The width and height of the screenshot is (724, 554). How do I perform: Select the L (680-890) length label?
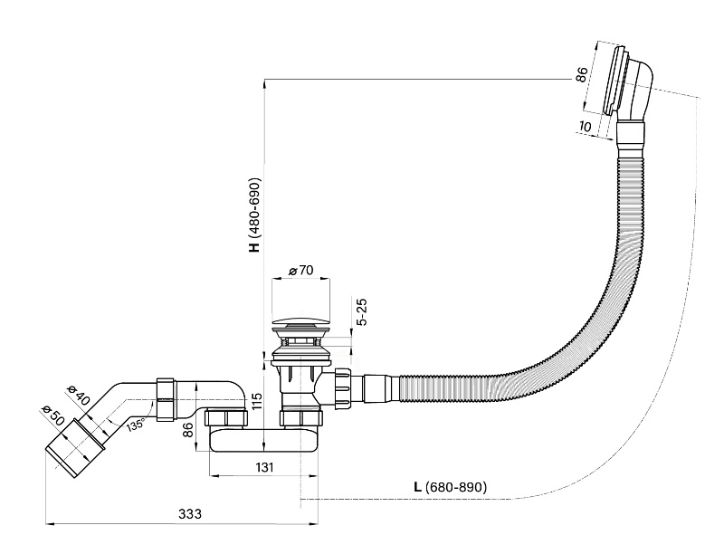(450, 487)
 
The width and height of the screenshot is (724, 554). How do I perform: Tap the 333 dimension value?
(189, 513)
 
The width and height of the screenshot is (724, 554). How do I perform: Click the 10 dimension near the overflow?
(586, 126)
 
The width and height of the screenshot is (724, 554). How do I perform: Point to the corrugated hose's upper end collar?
(631, 140)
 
